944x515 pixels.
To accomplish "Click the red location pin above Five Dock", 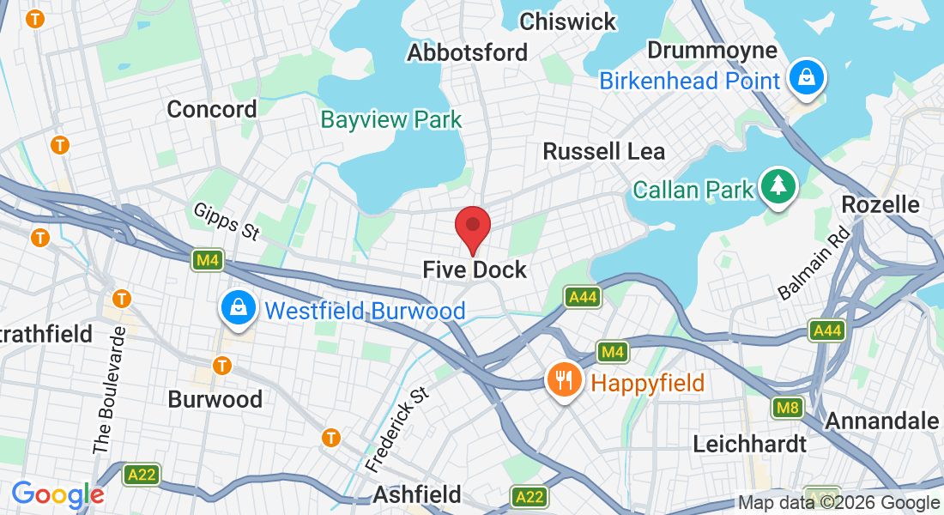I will click(472, 227).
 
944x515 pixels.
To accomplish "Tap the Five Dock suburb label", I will click(474, 270).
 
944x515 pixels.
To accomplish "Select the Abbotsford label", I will click(467, 52).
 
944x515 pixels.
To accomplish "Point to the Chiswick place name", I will click(567, 21).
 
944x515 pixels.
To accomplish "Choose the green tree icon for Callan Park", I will click(778, 185).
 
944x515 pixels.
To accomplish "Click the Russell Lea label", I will click(603, 152).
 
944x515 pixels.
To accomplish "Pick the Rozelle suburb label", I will click(880, 204).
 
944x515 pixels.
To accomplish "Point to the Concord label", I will click(211, 109).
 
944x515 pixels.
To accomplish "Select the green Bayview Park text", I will click(390, 119).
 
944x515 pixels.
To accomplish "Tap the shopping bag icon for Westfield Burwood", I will click(236, 308).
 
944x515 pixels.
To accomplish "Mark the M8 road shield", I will click(787, 407).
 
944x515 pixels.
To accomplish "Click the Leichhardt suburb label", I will click(749, 444).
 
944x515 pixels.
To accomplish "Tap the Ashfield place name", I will click(416, 494).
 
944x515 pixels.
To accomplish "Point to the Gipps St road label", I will click(227, 221).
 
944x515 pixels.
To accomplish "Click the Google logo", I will click(57, 494).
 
